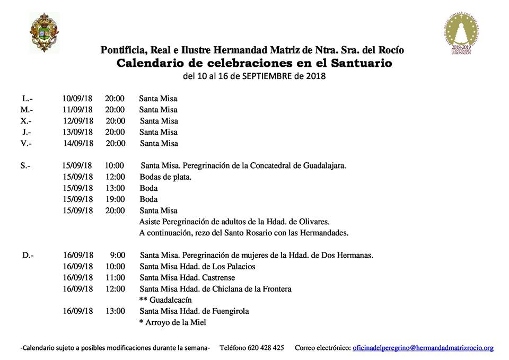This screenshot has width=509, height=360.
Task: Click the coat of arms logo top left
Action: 45,33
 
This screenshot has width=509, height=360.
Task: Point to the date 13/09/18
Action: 77,132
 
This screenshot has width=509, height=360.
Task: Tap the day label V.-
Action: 25,143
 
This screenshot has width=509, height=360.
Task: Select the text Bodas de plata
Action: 165,177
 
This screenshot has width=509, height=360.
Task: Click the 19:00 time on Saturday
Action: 115,199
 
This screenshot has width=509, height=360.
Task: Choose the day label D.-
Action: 28,255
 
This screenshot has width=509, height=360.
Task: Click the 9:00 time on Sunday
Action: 117,255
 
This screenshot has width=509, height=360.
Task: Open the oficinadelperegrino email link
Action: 423,348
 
